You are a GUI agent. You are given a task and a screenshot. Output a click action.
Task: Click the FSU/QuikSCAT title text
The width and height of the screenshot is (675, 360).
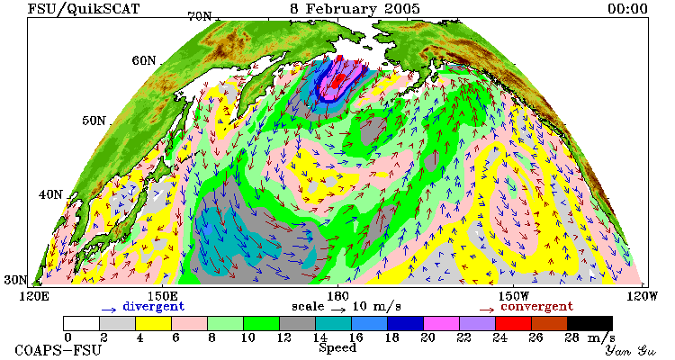(84, 9)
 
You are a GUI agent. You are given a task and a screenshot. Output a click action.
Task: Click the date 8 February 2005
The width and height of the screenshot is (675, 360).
(355, 9)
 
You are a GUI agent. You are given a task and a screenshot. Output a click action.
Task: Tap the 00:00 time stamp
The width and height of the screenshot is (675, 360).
(627, 9)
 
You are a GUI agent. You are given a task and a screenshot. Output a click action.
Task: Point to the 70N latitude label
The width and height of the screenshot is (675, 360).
(200, 16)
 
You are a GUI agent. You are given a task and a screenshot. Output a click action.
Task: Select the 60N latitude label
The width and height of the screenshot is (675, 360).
(144, 60)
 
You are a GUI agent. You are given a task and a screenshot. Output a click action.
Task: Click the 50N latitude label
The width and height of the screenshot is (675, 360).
(94, 121)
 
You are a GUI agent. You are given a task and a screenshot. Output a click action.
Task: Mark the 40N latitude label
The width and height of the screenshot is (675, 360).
(50, 194)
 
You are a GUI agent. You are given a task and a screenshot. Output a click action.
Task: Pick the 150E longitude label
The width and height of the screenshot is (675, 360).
(162, 297)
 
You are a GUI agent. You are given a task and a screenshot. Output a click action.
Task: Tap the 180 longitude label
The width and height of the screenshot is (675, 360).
(337, 297)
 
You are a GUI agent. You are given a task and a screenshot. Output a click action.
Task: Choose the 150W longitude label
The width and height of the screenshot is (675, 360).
(513, 297)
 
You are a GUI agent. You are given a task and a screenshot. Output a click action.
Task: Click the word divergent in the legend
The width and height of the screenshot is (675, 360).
(154, 307)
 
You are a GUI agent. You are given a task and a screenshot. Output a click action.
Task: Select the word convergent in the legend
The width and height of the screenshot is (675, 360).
(536, 307)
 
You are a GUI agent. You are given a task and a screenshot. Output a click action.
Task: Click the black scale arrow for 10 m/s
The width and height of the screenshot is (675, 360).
(338, 310)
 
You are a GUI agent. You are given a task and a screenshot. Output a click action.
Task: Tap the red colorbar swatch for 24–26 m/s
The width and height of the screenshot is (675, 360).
(513, 323)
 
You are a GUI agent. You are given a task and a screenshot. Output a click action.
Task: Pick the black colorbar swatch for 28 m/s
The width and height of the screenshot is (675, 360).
(589, 323)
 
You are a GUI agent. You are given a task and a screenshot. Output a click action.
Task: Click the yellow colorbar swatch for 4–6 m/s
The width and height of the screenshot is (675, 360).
(153, 323)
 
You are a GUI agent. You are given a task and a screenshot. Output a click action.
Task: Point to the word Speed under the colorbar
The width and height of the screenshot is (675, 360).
(337, 348)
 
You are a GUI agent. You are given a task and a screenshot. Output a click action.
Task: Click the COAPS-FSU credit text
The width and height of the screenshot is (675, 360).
(58, 350)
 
